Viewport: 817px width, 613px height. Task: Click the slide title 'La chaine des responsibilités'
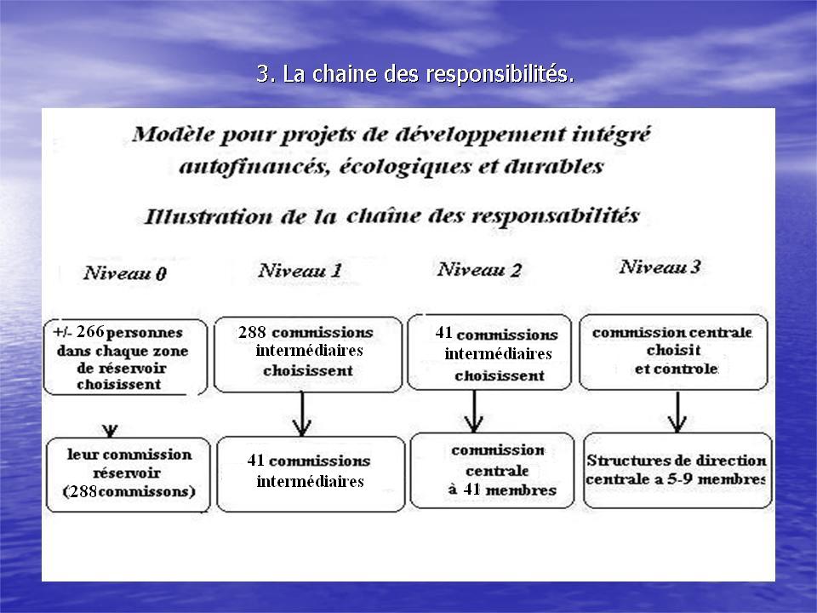415,73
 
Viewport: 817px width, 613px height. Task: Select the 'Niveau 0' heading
125,273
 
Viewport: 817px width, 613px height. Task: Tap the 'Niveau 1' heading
300,270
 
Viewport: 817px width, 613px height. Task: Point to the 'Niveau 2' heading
479,269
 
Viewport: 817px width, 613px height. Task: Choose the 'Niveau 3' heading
660,266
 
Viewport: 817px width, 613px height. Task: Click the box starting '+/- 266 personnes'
125,357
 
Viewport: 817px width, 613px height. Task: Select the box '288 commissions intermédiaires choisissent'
308,354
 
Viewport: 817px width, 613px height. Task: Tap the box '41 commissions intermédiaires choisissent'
489,352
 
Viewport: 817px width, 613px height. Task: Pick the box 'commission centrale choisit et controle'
673,352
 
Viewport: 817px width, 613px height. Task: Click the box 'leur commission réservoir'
129,474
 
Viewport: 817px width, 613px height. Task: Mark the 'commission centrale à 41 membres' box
492,470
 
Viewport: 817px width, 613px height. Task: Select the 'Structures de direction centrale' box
677,470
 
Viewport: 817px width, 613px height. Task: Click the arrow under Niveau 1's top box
301,414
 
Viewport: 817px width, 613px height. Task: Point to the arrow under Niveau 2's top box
474,411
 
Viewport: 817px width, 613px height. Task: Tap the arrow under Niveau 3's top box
677,412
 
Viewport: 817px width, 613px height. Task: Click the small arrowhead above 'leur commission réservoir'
110,431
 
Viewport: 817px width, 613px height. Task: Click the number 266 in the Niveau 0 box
91,331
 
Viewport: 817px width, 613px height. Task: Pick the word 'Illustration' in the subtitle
208,216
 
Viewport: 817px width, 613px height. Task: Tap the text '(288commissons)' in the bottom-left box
129,491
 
